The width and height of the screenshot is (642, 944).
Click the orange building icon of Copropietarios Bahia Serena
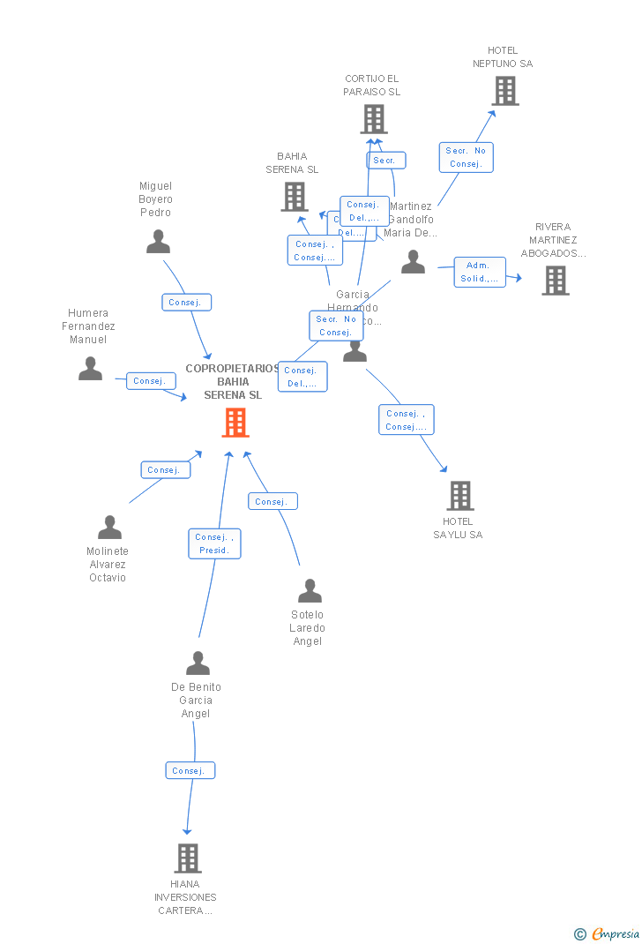pos(235,423)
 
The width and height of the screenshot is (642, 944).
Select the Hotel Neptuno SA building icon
pos(504,91)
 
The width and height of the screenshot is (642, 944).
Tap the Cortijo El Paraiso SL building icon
pos(374,119)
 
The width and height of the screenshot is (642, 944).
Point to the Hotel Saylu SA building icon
pos(459,496)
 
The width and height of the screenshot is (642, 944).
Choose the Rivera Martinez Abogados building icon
pos(555,281)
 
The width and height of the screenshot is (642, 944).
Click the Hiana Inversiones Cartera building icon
pos(187,858)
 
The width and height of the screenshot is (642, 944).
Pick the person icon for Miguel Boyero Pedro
pos(158,242)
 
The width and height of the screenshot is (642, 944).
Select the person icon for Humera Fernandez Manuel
pos(90,369)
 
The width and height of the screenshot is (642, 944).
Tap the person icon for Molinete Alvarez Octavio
pos(109,528)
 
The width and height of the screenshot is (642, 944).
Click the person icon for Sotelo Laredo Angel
pos(310,591)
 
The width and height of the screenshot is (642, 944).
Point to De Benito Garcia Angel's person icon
pos(198,663)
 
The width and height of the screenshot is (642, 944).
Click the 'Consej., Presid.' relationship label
pos(214,543)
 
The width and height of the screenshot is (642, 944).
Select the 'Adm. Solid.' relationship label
pos(480,272)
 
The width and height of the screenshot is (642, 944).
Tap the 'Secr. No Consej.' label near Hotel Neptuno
pos(466,157)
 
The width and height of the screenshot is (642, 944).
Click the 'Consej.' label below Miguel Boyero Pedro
pos(186,303)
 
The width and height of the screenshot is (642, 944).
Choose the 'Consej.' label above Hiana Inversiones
pos(190,771)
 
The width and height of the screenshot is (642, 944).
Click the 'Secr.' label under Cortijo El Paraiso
pos(385,161)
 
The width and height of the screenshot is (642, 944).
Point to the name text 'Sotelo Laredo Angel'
pos(307,628)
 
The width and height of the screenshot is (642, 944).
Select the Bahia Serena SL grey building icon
pos(294,197)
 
